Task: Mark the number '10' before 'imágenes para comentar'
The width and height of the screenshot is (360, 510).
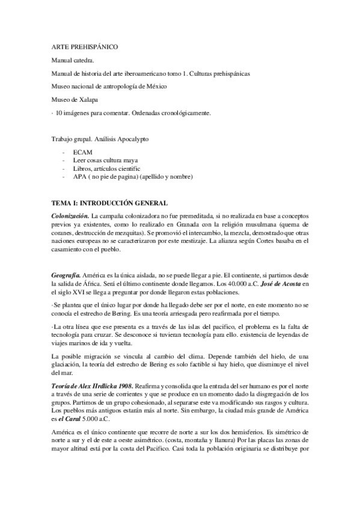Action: coord(57,112)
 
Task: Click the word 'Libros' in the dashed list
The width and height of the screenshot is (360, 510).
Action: coord(80,169)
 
